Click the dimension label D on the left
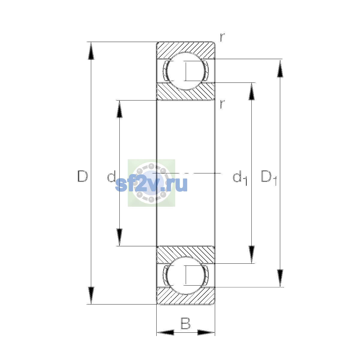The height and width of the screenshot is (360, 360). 82,176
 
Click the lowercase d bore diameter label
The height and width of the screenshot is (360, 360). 111,176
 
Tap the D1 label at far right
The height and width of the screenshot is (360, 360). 269,178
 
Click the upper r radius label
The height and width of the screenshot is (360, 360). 222,37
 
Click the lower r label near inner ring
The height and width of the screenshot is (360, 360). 222,104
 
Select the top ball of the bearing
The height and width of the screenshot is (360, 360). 186,71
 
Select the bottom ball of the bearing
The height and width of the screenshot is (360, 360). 186,276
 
